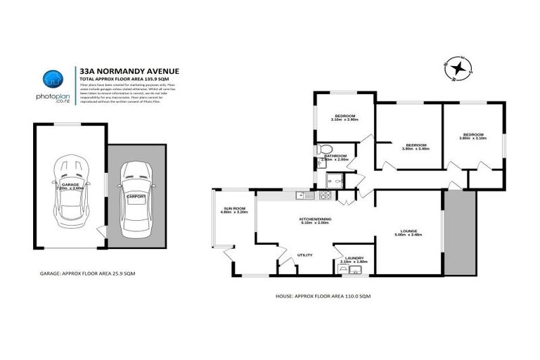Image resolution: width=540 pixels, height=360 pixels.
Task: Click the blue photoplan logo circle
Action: [51, 79]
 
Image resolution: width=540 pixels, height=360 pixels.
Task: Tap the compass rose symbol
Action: [461, 68]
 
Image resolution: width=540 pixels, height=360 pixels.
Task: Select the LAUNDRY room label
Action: [349, 259]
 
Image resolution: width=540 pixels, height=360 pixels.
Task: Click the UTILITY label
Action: [304, 255]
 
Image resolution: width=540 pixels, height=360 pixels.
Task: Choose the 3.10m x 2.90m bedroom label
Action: [345, 117]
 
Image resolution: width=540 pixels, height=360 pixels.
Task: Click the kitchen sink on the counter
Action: [300, 195]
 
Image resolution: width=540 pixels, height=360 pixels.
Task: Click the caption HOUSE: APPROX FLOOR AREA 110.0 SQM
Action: [323, 297]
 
